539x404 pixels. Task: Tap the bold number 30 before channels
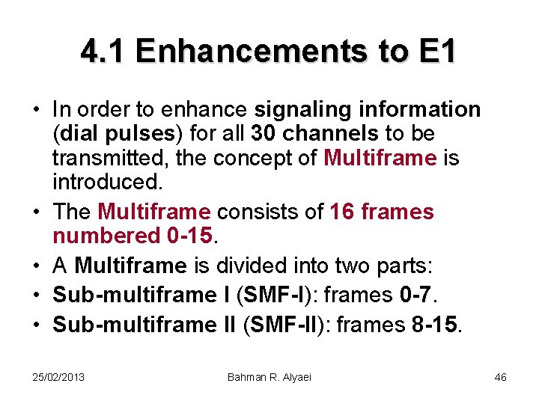(x=264, y=135)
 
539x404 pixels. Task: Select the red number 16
(x=342, y=212)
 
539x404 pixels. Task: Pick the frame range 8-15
(x=439, y=324)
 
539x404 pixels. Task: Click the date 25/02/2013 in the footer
(x=59, y=377)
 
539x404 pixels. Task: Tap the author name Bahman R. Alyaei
(x=269, y=377)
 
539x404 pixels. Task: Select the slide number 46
(x=501, y=377)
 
